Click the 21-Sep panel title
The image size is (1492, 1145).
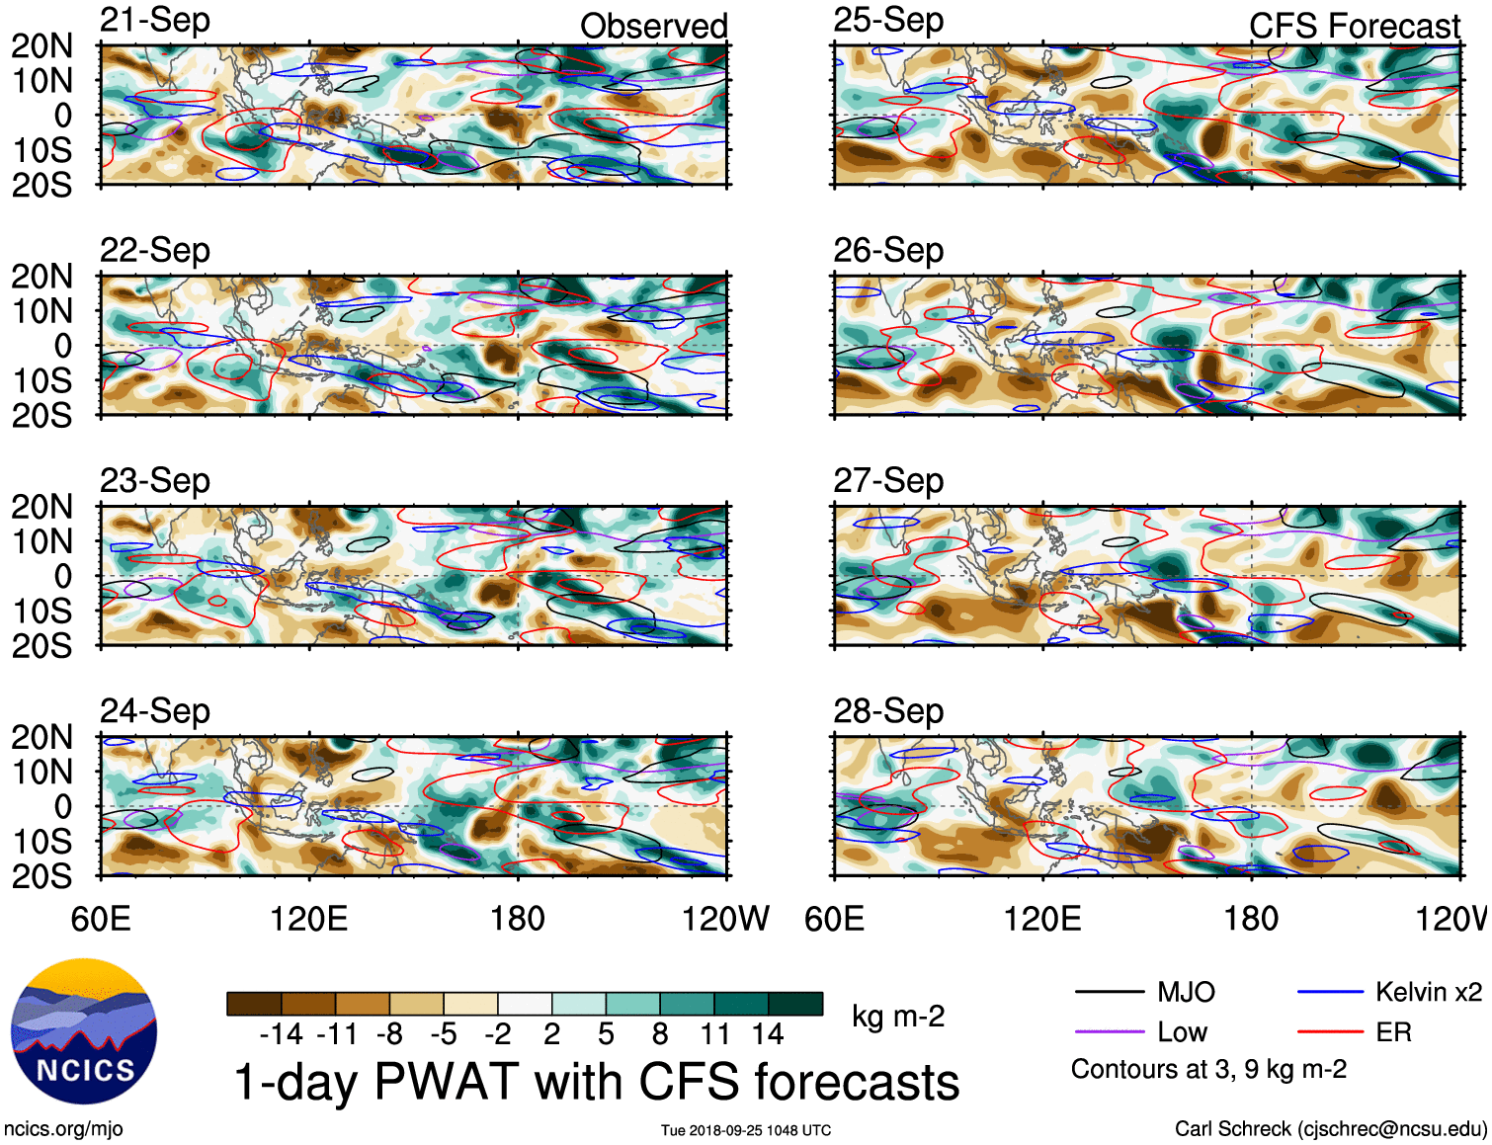click(155, 21)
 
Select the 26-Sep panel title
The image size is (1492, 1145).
click(888, 251)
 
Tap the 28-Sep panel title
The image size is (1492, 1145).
click(888, 711)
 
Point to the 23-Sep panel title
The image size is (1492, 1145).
click(155, 481)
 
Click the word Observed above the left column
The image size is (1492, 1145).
click(653, 27)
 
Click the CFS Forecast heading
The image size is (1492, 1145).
click(1354, 27)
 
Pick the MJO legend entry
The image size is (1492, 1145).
click(1186, 992)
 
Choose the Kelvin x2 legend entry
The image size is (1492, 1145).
click(1428, 992)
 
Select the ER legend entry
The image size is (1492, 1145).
click(1393, 1032)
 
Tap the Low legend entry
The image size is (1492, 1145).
click(1182, 1032)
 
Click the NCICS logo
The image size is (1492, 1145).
click(84, 1032)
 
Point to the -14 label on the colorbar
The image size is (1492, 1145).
click(281, 1034)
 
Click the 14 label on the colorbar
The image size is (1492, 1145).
click(768, 1034)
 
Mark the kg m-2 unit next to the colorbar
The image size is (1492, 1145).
click(898, 1017)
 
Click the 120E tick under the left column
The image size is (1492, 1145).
click(309, 919)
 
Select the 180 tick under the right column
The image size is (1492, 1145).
click(1251, 919)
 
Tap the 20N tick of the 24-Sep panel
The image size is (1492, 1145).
click(41, 737)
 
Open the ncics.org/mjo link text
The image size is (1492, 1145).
click(63, 1129)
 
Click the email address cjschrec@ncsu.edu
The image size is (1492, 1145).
click(1390, 1129)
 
